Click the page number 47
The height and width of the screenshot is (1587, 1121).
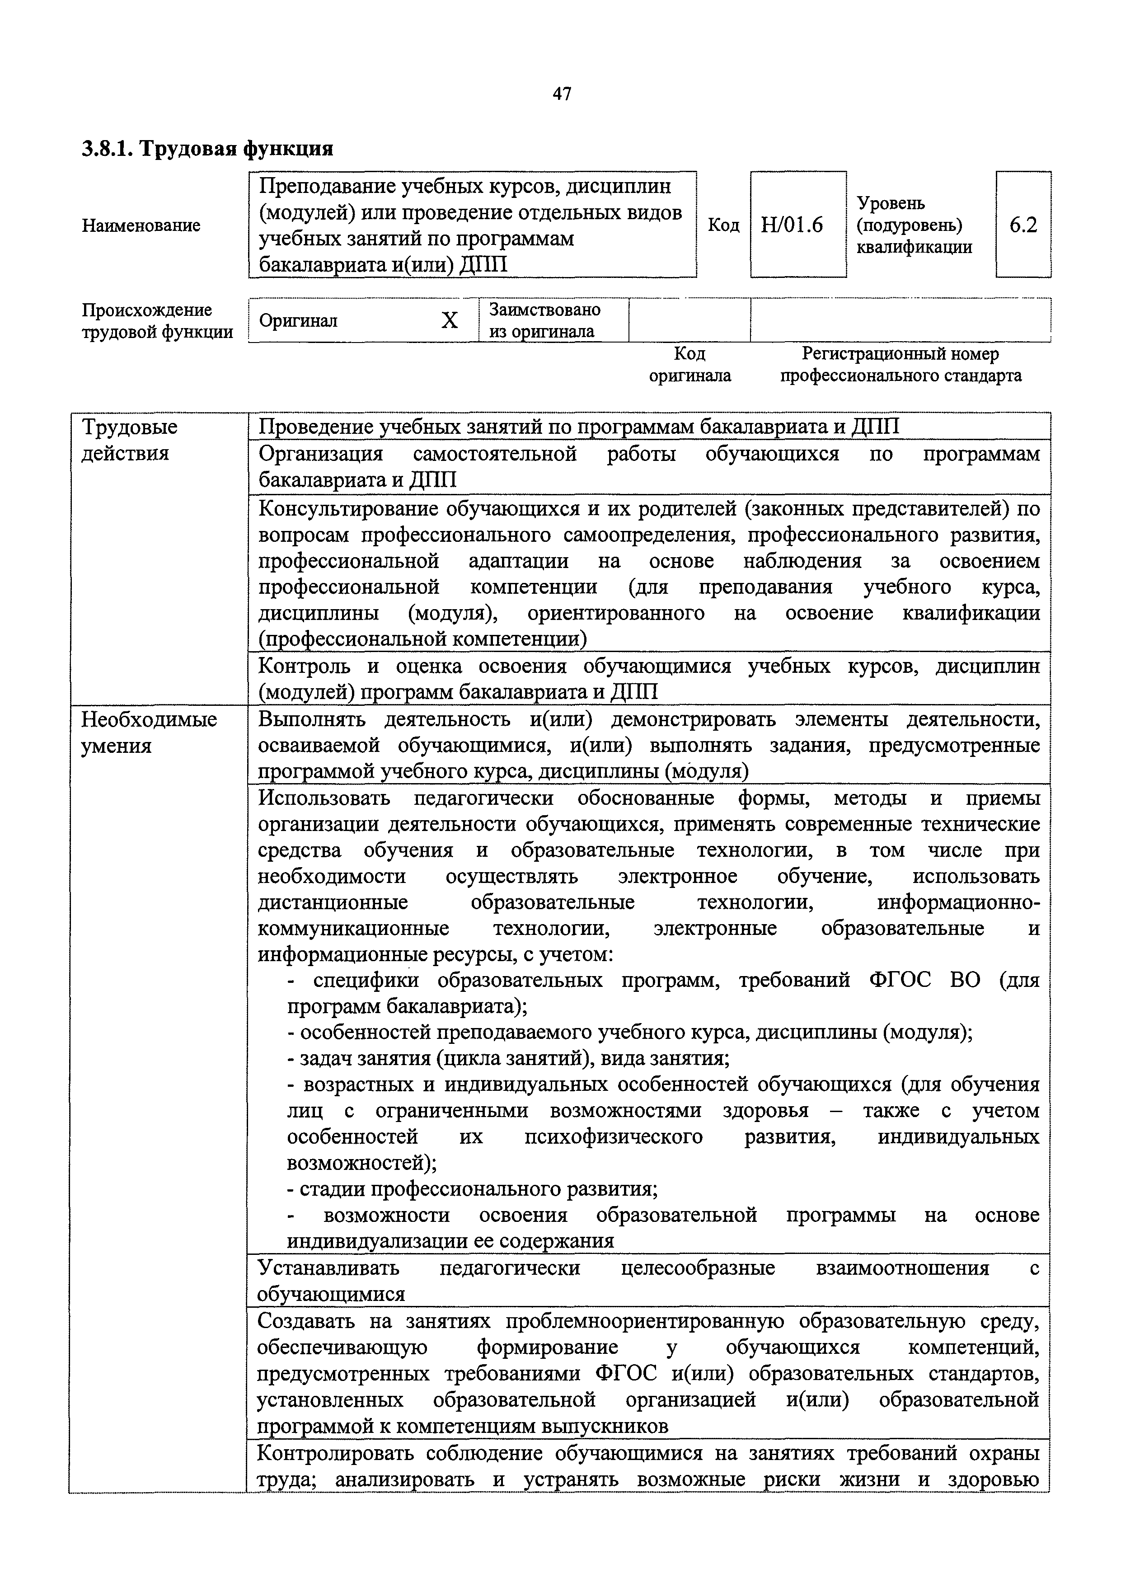(562, 94)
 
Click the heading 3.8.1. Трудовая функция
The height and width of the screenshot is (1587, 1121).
(207, 149)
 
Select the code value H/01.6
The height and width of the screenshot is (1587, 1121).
(792, 225)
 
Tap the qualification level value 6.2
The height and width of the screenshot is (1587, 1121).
(1023, 225)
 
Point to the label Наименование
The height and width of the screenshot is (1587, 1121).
(141, 225)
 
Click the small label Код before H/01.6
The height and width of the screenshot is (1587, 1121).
(723, 225)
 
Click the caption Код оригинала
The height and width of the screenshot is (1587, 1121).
(690, 365)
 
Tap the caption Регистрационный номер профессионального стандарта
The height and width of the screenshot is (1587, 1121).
(901, 365)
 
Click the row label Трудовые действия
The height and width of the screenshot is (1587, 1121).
(129, 440)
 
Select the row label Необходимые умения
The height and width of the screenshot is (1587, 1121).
(149, 732)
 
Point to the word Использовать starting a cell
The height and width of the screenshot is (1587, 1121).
(324, 798)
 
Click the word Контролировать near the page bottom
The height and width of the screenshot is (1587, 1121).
(334, 1454)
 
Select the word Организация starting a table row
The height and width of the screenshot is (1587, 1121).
(320, 454)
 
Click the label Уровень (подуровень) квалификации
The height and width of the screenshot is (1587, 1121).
(913, 225)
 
